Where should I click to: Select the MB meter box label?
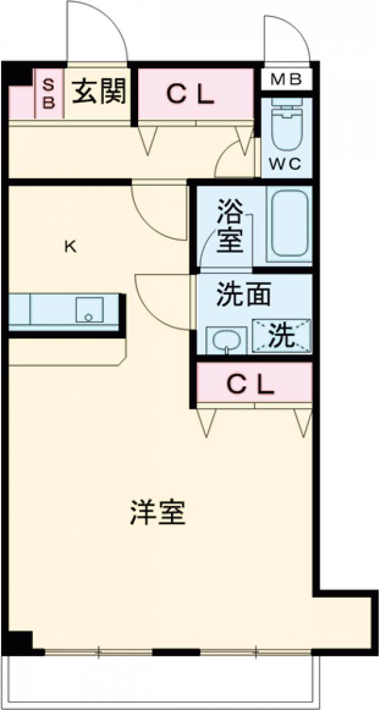click(x=286, y=80)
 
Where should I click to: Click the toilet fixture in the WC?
click(x=286, y=124)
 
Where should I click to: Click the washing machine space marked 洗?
click(x=282, y=335)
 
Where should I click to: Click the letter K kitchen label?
click(x=70, y=247)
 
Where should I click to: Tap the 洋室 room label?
click(x=158, y=513)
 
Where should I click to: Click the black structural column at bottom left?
click(x=19, y=642)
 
